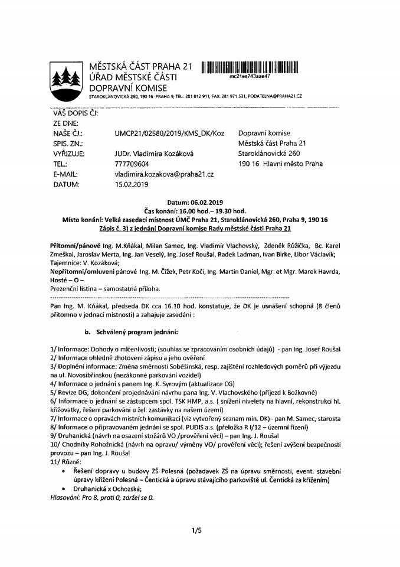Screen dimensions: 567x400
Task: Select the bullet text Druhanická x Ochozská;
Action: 107,489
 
